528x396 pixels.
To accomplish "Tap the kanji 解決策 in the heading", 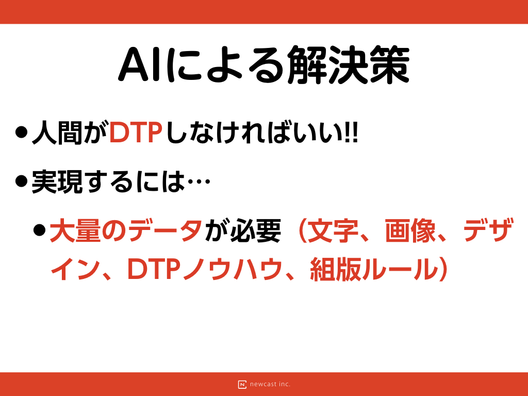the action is pos(348,64).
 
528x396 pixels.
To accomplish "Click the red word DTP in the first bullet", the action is pos(136,133).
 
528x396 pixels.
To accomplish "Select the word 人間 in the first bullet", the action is pos(57,133).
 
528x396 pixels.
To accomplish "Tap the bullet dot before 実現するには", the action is pos(21,181).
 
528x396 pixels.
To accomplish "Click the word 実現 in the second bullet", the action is pos(57,182).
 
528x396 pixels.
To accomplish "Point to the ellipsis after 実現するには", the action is pos(199,181).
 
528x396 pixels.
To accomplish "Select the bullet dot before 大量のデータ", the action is pos(39,230).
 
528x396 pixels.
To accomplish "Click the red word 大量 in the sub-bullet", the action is pos(75,230).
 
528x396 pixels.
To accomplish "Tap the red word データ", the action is pos(166,230).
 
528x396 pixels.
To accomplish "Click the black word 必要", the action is pos(256,230).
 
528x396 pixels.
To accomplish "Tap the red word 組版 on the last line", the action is pos(335,269).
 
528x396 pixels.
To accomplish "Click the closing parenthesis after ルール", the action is pos(443,269).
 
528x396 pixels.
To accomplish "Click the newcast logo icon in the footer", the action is pos(242,384).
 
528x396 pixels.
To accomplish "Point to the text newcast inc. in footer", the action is pos(270,384).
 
